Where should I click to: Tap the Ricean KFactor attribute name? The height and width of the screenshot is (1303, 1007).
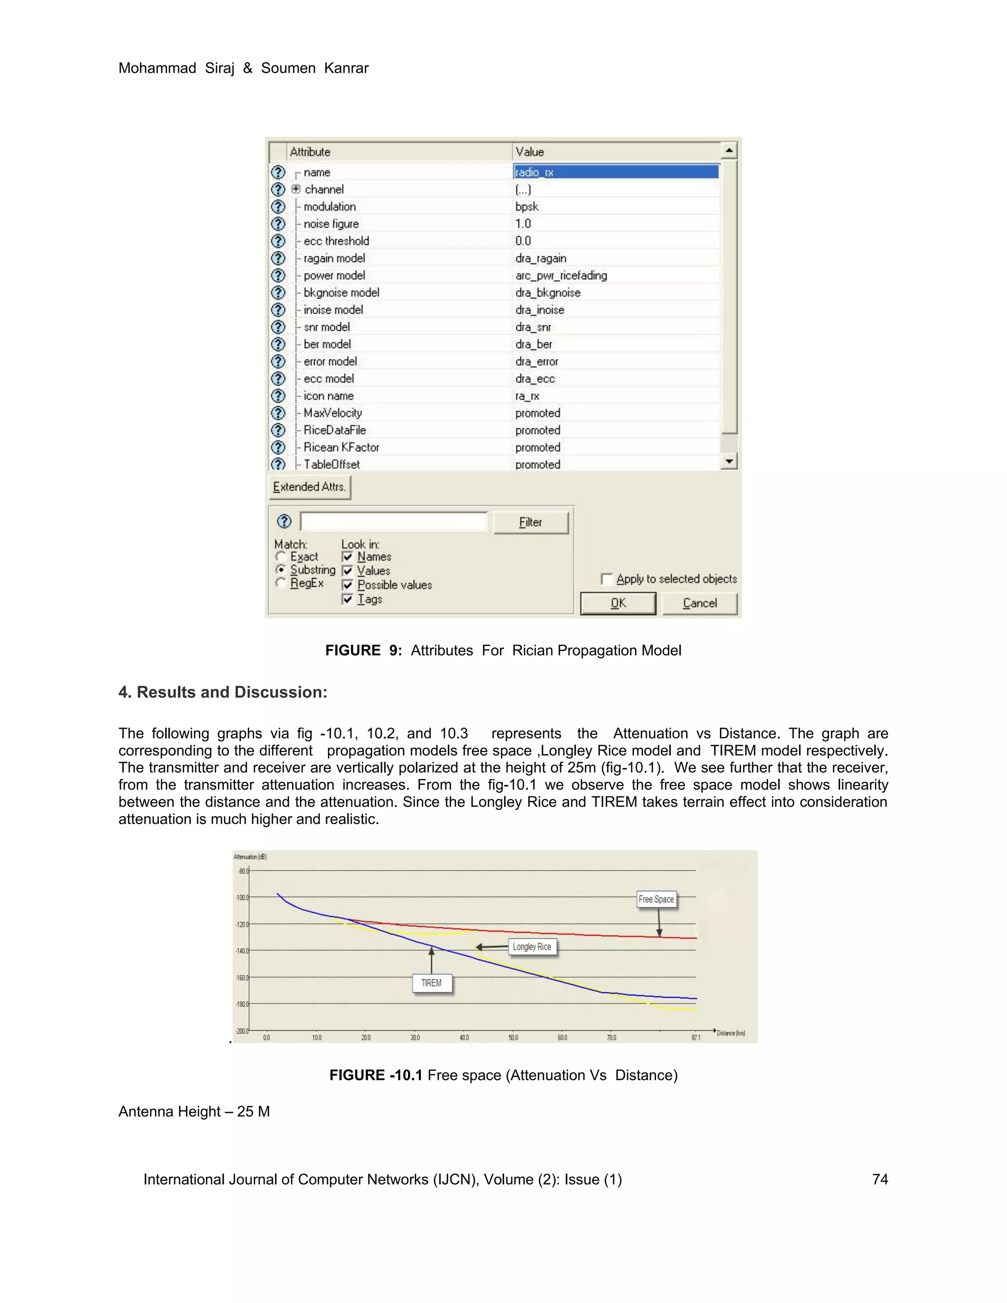click(341, 447)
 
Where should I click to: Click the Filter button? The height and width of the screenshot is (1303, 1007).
click(531, 523)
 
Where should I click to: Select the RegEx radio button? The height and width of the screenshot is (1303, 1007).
click(280, 583)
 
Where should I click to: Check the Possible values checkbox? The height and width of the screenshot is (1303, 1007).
click(348, 585)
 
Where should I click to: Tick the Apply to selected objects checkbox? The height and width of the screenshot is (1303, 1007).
click(606, 579)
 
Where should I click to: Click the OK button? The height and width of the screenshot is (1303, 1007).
click(618, 603)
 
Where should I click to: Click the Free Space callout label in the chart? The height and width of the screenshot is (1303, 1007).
click(656, 899)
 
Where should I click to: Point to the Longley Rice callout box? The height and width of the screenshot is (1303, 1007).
click(532, 947)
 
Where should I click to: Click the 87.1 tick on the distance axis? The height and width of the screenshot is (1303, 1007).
click(696, 1038)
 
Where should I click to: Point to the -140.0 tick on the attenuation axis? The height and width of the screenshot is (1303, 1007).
click(241, 951)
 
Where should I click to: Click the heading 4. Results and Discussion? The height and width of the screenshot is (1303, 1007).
click(223, 692)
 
